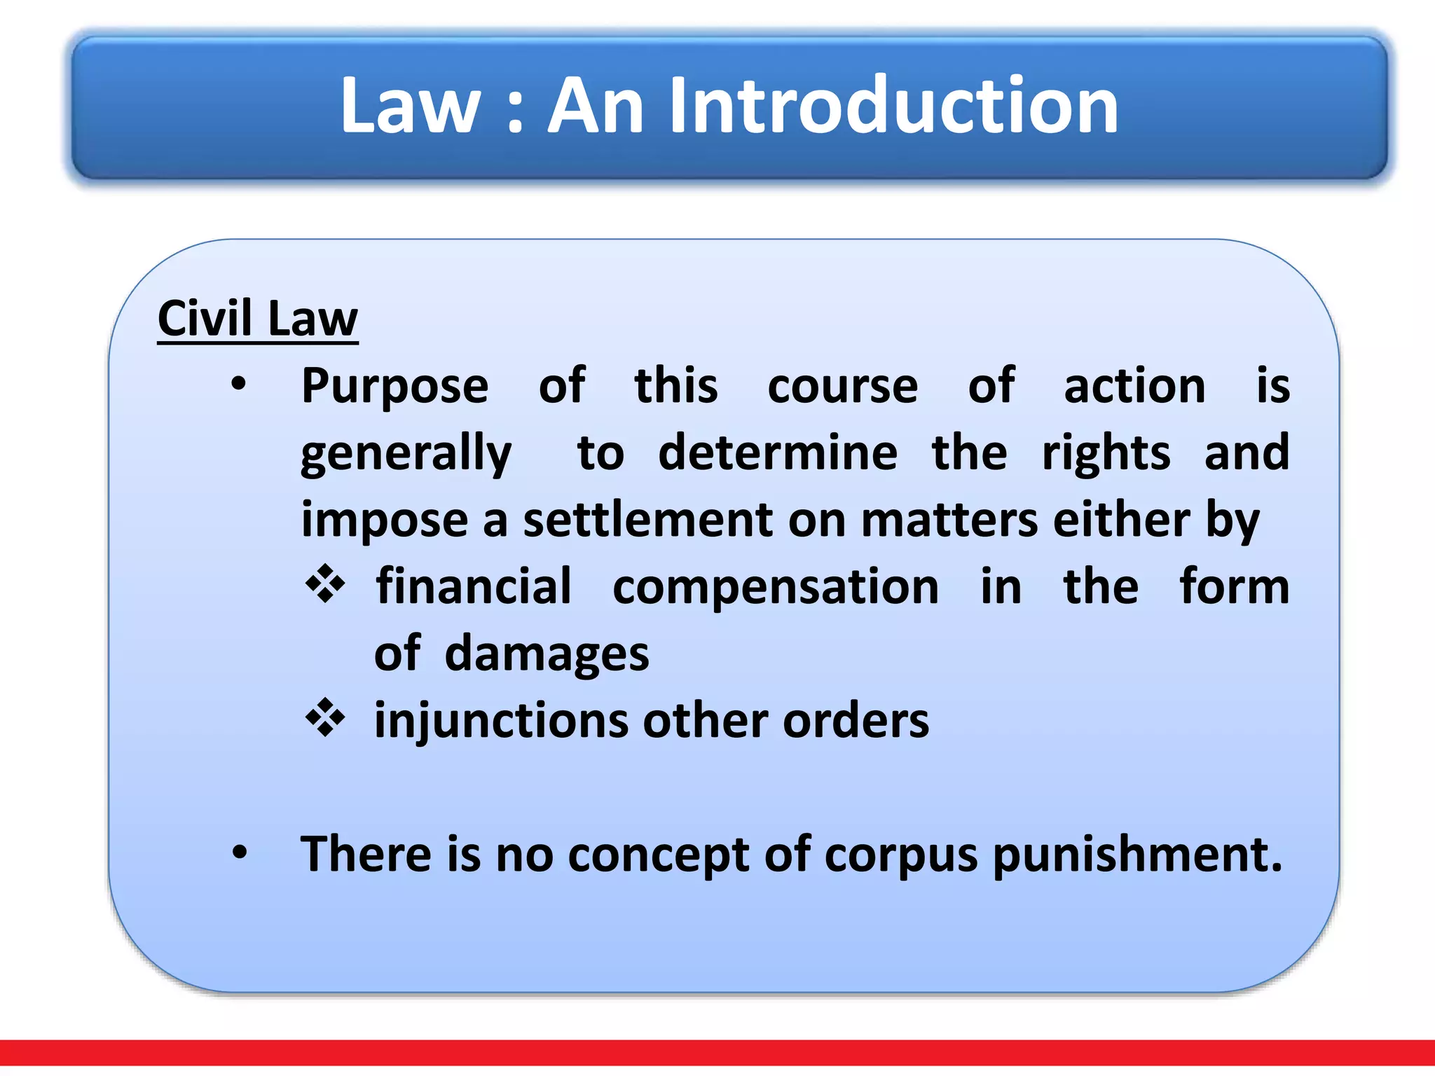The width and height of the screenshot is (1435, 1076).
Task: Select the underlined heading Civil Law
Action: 258,319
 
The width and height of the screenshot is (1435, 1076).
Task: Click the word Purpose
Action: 394,387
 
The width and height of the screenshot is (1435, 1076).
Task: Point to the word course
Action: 842,387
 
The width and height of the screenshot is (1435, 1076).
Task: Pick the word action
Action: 1134,387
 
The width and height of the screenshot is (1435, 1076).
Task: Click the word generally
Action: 406,454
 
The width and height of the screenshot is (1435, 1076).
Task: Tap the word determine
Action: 778,453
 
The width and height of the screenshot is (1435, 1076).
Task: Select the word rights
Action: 1106,454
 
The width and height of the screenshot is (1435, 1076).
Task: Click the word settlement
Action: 648,520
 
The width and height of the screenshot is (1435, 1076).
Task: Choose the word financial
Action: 474,587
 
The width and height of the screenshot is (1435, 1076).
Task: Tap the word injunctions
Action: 501,722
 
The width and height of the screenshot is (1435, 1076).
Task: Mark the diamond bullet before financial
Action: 326,584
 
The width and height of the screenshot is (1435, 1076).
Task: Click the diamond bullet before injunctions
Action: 326,718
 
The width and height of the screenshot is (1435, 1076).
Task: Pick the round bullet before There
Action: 240,853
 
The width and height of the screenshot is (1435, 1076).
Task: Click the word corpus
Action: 900,856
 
